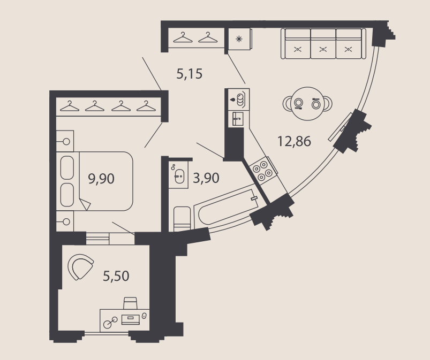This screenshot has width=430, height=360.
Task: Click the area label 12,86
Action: [295, 141]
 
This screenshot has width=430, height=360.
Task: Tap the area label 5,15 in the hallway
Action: [189, 74]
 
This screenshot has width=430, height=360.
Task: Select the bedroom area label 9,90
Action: [101, 179]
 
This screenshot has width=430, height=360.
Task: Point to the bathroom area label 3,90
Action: [206, 178]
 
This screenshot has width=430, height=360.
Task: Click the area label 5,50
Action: [116, 276]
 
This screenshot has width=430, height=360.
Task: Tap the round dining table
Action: [307, 104]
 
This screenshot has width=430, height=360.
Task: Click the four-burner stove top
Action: [262, 171]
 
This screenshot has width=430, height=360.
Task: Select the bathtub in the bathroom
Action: [230, 208]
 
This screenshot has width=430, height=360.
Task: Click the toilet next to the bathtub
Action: [182, 219]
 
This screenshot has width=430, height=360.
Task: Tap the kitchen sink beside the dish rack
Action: [238, 119]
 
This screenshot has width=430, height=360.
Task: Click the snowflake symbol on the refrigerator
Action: [239, 39]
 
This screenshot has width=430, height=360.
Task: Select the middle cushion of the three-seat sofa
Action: [323, 43]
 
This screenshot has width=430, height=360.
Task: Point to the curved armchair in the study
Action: [81, 266]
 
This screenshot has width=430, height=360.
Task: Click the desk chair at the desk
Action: [130, 303]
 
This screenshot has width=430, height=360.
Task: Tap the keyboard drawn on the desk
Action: [131, 319]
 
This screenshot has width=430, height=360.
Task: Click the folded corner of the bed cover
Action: [85, 204]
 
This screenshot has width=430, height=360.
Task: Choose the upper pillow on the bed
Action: [67, 167]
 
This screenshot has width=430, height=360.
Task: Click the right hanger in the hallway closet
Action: [208, 37]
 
